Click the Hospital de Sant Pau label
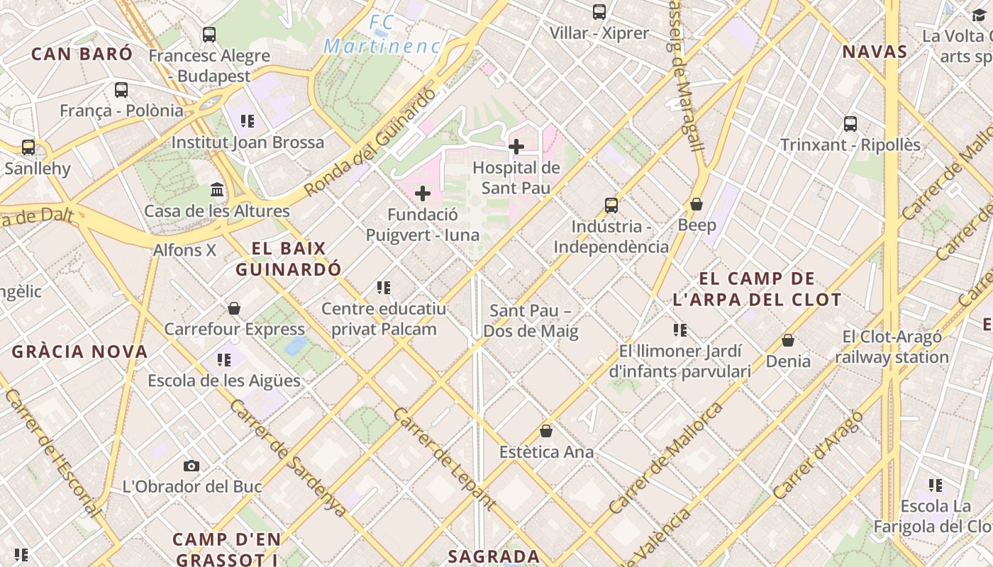(x=516, y=178)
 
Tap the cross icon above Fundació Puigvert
(x=423, y=193)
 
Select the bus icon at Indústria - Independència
(x=611, y=206)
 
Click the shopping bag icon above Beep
(x=697, y=204)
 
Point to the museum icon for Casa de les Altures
(x=217, y=190)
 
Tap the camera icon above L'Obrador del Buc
(x=192, y=466)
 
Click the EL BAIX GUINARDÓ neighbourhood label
(x=289, y=259)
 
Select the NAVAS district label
(x=875, y=52)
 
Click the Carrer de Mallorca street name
(x=666, y=458)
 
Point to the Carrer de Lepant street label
(x=443, y=459)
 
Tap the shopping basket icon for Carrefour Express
(x=234, y=308)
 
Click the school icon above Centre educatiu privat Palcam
(x=384, y=288)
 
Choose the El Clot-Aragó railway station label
(x=892, y=347)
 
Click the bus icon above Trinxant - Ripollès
(x=850, y=124)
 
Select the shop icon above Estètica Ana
(x=546, y=431)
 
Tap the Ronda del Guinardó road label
(x=370, y=142)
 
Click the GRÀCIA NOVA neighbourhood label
(x=79, y=352)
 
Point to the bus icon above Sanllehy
(x=28, y=147)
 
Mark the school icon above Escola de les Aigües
(x=224, y=360)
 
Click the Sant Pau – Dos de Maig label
(x=531, y=321)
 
